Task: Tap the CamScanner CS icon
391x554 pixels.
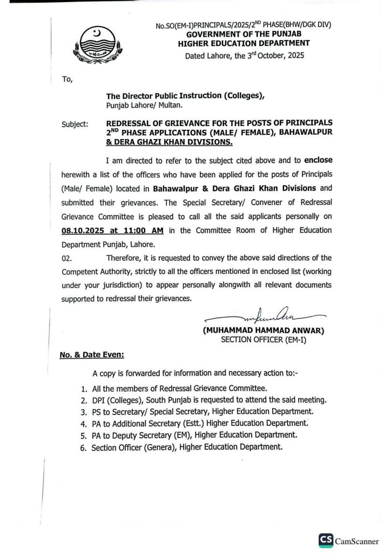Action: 326,540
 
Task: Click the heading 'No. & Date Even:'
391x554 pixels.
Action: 92,355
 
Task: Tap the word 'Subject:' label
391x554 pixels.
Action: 75,124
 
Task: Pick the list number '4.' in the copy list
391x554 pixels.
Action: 83,424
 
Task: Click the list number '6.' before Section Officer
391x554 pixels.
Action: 83,447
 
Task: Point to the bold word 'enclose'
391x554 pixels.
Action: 318,160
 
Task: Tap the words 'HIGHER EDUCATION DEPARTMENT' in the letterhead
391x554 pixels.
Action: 244,43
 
